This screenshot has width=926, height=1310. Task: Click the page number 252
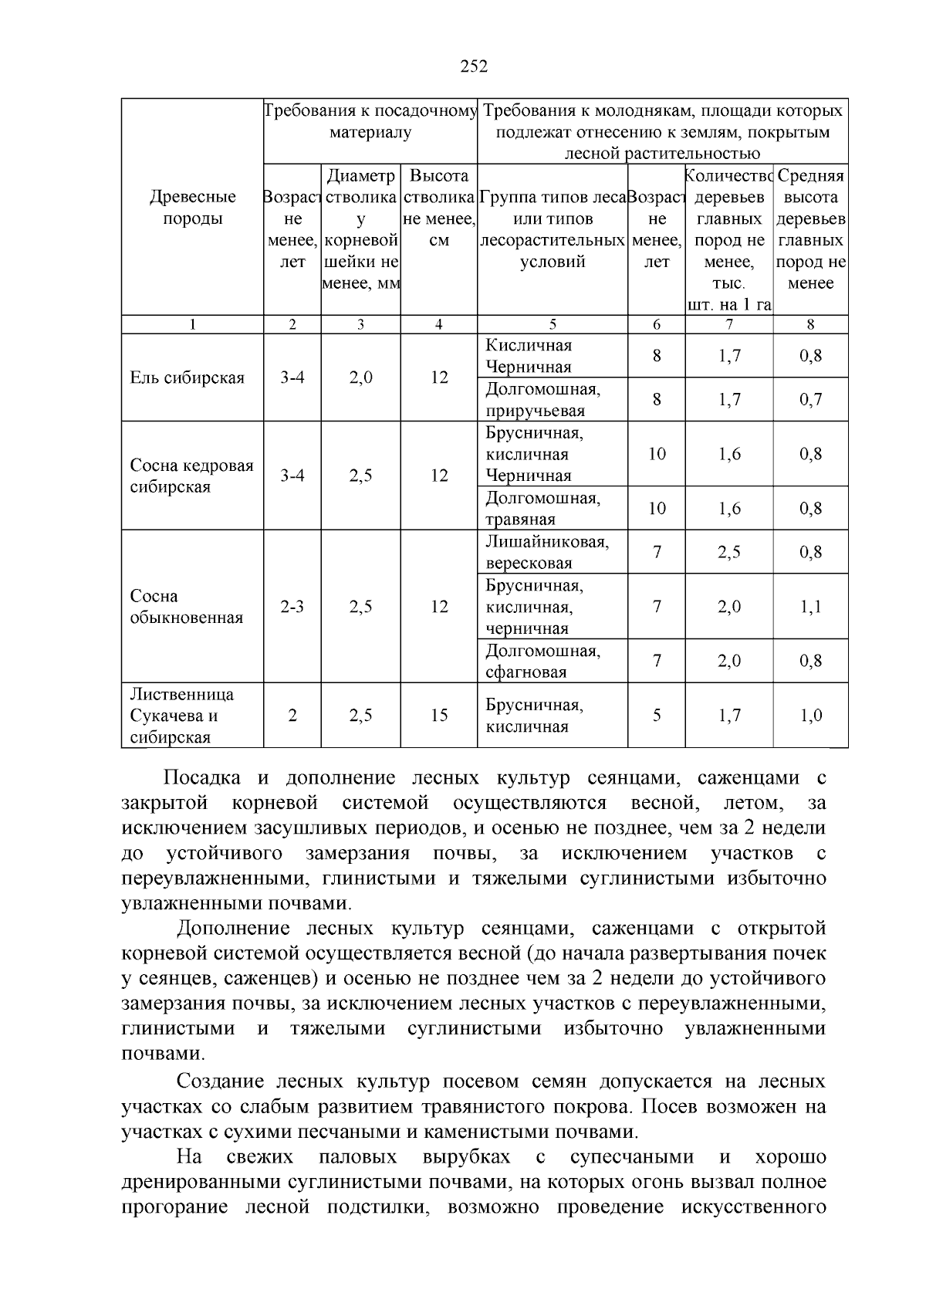474,66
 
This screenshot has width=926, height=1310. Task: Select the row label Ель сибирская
187,377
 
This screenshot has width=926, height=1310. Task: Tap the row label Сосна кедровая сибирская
191,476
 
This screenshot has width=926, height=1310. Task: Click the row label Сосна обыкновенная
186,607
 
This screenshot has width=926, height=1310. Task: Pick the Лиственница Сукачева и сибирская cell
182,716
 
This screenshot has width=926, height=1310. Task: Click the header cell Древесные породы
192,208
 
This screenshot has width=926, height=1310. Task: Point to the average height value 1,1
810,607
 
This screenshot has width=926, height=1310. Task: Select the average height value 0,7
810,400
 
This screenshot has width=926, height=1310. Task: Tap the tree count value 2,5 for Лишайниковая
728,552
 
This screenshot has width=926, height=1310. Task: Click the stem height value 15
438,716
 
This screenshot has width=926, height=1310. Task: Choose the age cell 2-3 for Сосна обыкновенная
292,607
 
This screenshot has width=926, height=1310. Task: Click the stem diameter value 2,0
360,377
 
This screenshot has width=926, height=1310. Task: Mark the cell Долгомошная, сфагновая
542,662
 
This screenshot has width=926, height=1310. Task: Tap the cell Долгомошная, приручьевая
542,400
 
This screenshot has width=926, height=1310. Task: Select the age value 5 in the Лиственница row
656,716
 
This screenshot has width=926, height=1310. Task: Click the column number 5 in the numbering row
552,325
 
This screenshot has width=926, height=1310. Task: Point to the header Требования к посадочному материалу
370,121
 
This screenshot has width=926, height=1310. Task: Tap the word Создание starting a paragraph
221,1082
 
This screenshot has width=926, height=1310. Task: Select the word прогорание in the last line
174,1207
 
